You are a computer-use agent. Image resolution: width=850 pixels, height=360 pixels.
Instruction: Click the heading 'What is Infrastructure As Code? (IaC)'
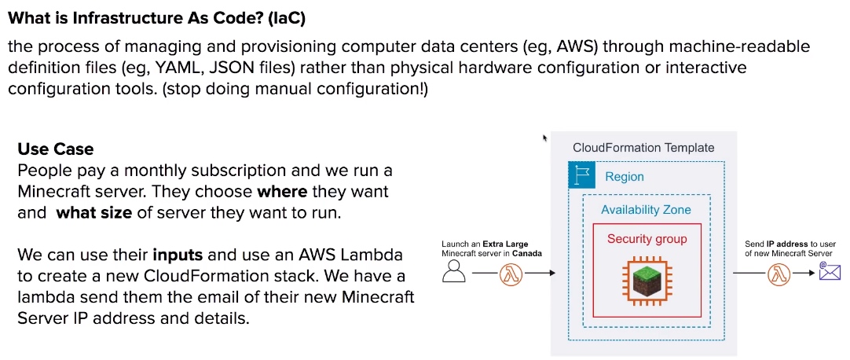pyautogui.click(x=156, y=19)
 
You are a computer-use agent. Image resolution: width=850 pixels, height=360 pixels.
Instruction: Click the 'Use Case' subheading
pyautogui.click(x=55, y=149)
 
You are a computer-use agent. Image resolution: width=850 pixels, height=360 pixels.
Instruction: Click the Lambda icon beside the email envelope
pyautogui.click(x=779, y=274)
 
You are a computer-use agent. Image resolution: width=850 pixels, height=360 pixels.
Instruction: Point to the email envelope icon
pyautogui.click(x=830, y=271)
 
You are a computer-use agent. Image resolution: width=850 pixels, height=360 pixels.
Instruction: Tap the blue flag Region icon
pyautogui.click(x=581, y=175)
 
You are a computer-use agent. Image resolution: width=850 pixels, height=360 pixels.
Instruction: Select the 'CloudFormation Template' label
pyautogui.click(x=643, y=148)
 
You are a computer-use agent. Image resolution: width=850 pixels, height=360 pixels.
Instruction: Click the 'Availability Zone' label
pyautogui.click(x=647, y=210)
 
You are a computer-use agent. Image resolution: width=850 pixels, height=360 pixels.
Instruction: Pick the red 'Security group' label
pyautogui.click(x=647, y=239)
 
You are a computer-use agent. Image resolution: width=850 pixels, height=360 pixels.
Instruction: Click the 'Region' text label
pyautogui.click(x=625, y=177)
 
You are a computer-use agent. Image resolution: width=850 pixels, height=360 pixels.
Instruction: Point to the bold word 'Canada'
pyautogui.click(x=529, y=253)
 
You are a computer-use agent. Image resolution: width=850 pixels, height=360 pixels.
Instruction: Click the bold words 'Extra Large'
pyautogui.click(x=505, y=244)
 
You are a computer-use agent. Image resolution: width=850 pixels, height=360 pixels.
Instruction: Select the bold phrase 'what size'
pyautogui.click(x=93, y=212)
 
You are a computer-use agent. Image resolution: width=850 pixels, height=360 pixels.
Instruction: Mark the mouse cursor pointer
pyautogui.click(x=545, y=138)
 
